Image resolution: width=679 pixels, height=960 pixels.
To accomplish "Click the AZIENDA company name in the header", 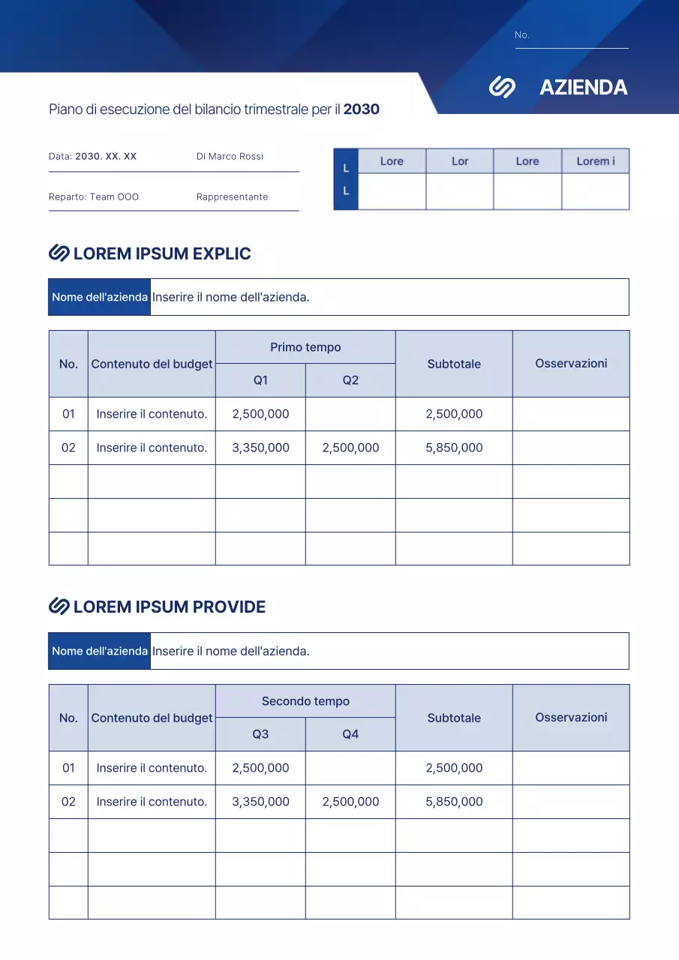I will (x=583, y=88).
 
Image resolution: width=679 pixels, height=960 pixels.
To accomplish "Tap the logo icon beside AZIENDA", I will (x=502, y=88).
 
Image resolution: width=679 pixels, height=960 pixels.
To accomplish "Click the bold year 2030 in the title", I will (x=362, y=109).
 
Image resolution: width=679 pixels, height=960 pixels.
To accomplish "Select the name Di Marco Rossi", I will (x=230, y=157).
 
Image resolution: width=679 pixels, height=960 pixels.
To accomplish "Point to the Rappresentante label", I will (x=232, y=197).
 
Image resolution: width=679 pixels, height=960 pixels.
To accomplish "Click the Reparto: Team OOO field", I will (x=94, y=197).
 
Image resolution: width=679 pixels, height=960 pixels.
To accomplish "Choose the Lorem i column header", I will (x=596, y=161).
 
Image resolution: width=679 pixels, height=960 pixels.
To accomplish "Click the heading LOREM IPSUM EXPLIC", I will (x=162, y=253).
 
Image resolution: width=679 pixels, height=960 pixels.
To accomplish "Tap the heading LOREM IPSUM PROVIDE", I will (x=169, y=607).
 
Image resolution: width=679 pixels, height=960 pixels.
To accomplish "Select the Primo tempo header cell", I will (x=305, y=347).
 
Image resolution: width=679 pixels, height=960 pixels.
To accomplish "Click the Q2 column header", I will (x=350, y=380).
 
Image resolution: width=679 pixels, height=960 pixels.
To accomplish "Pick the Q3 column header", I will (x=260, y=734).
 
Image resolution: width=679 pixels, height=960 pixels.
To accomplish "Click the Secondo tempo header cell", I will (x=305, y=701).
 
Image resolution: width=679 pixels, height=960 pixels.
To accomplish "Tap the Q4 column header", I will (x=350, y=734).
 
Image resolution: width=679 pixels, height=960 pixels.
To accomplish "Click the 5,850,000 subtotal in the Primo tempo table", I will (x=454, y=448).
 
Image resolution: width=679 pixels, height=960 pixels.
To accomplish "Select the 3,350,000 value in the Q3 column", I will (x=260, y=802).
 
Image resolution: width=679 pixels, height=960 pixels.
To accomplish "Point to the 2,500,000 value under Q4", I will (x=350, y=802).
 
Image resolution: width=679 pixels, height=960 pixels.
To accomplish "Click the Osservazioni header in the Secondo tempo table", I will (x=571, y=717).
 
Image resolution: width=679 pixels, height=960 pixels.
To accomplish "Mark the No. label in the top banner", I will (x=522, y=35).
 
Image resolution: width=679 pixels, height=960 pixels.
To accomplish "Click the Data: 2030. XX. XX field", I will (x=93, y=157).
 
